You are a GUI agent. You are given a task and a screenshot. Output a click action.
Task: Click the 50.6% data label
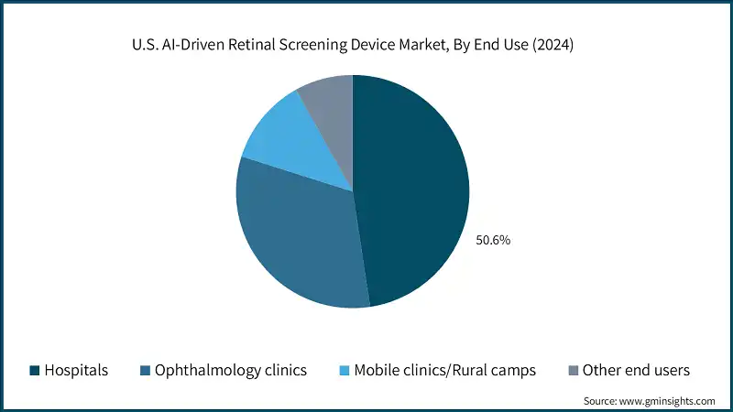(x=492, y=241)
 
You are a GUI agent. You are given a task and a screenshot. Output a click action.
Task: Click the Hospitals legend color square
(x=35, y=371)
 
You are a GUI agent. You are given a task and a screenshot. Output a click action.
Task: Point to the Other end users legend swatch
(x=574, y=371)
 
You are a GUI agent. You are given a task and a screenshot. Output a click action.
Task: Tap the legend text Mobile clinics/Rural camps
(x=444, y=371)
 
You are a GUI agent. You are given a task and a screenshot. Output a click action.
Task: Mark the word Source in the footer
(x=599, y=401)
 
